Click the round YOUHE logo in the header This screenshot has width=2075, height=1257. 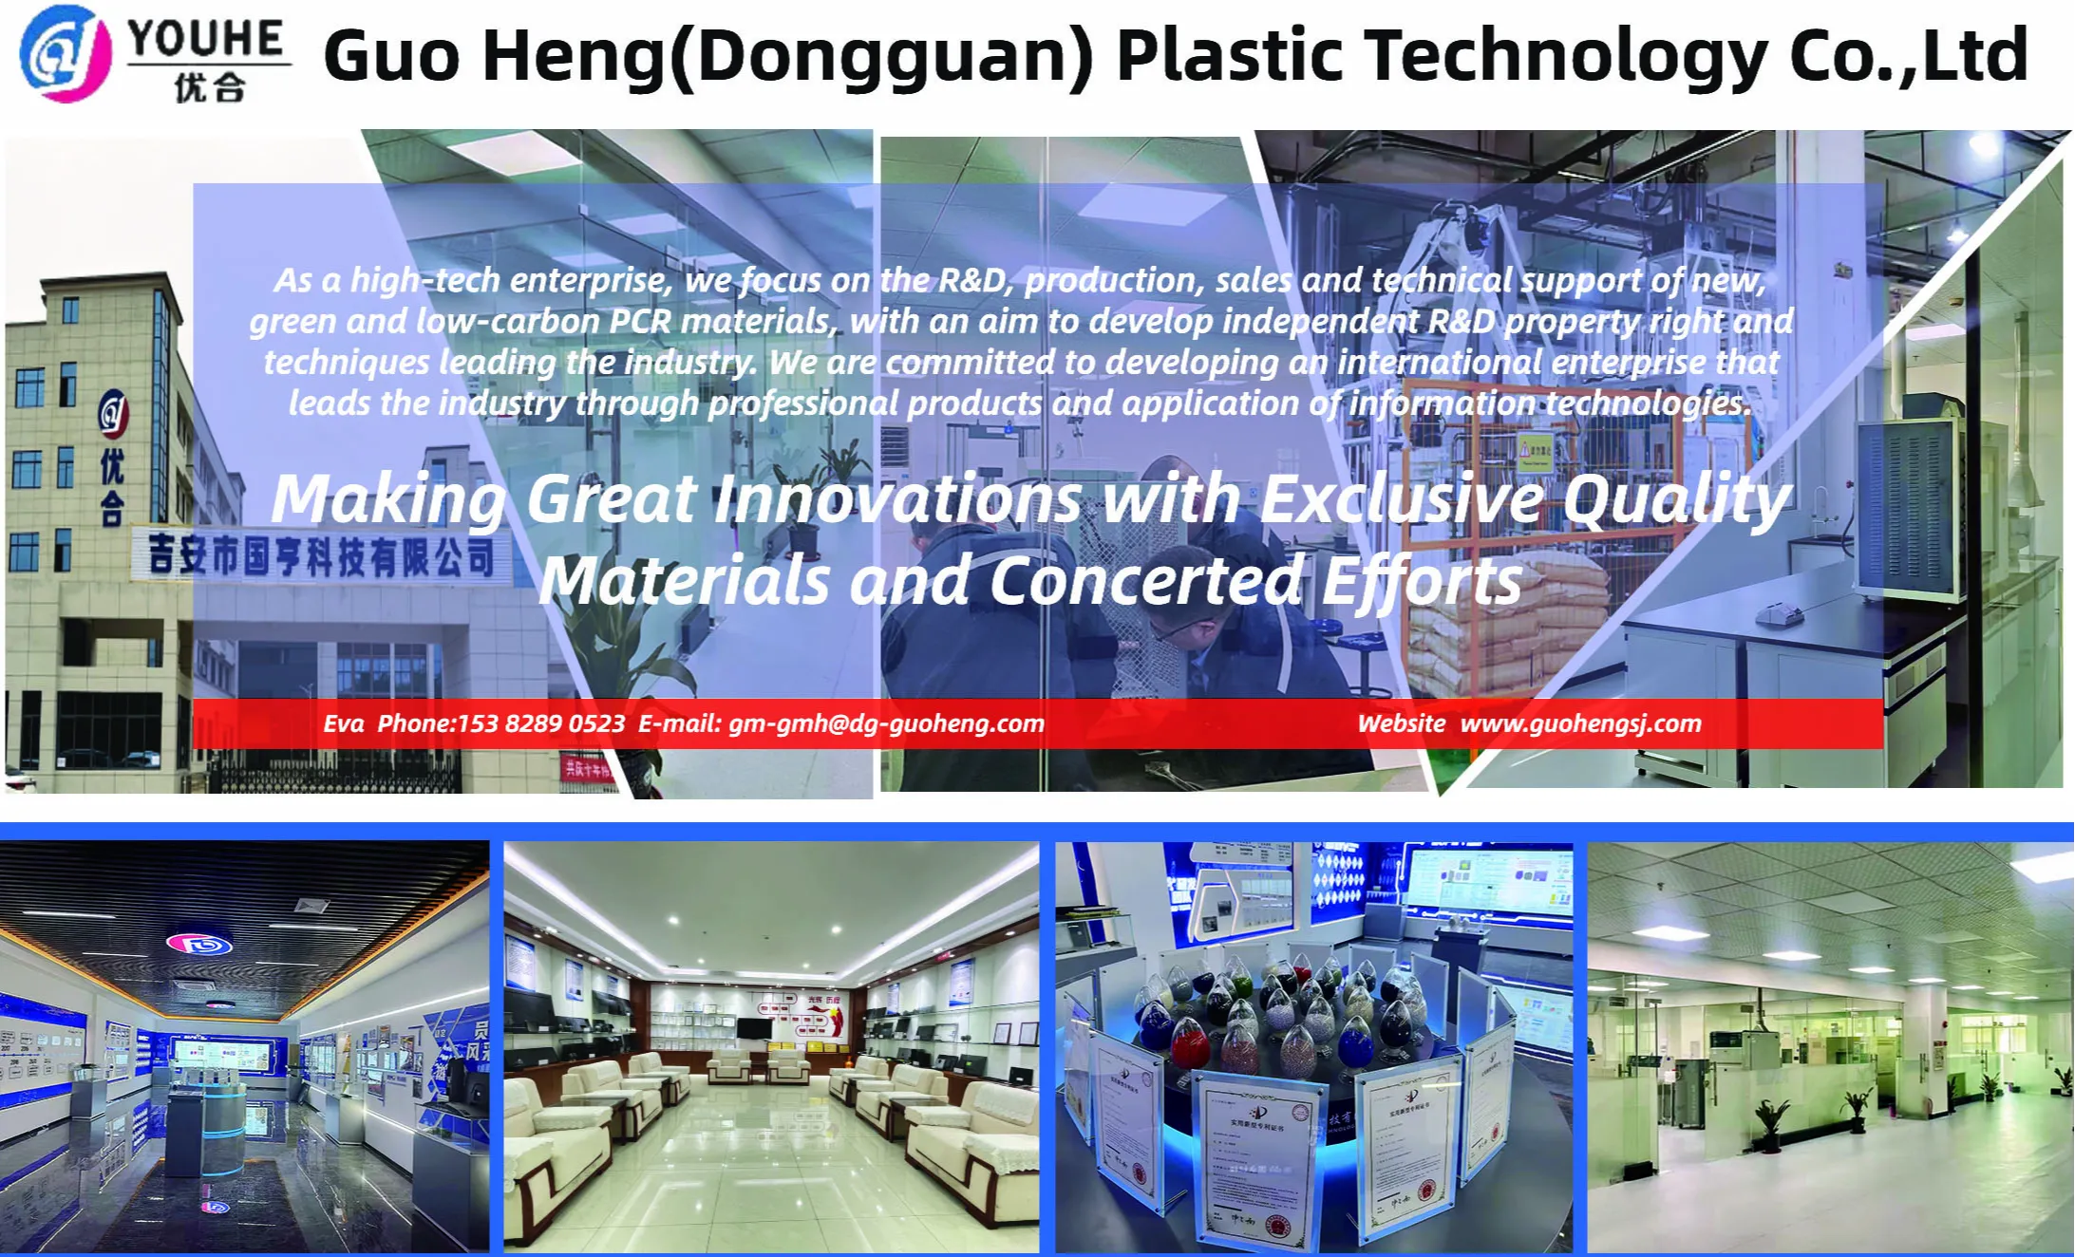(65, 54)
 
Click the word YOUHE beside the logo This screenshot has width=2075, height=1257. (206, 39)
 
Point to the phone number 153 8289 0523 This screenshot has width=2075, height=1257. (541, 723)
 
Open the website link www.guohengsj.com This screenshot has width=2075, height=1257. (1580, 723)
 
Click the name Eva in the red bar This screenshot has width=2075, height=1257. (344, 723)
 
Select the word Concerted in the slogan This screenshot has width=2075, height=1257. (1145, 580)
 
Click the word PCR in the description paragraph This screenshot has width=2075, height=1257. (640, 321)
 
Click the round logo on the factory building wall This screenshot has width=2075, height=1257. (113, 412)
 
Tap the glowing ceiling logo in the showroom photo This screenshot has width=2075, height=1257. (198, 944)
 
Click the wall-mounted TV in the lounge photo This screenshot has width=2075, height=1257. (753, 1027)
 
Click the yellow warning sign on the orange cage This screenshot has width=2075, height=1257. (1534, 450)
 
